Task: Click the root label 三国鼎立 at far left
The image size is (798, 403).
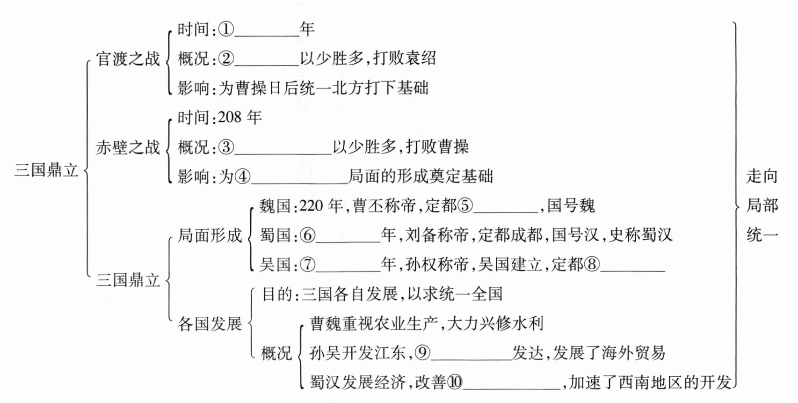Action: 46,169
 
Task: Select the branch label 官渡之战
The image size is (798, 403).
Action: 128,59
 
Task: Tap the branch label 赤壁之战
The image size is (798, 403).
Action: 128,147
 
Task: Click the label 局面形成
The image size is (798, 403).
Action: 210,235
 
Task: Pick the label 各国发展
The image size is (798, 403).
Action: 210,323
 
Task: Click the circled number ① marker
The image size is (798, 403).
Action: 226,29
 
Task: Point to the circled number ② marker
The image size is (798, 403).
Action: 226,59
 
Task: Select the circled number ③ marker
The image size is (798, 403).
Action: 226,147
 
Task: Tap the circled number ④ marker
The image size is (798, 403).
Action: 243,176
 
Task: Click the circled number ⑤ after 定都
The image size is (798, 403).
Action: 465,205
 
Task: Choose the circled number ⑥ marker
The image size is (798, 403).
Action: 308,235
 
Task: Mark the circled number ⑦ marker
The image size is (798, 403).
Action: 308,264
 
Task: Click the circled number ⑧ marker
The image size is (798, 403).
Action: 592,264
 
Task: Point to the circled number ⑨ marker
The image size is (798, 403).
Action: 422,353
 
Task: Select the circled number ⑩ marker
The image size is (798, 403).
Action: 455,382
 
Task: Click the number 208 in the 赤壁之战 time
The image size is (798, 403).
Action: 230,117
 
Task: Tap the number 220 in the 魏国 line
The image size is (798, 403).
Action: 311,205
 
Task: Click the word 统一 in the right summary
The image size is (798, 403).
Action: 762,234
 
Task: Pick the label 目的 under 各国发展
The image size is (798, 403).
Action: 277,294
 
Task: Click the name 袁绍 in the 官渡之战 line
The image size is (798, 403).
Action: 420,59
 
